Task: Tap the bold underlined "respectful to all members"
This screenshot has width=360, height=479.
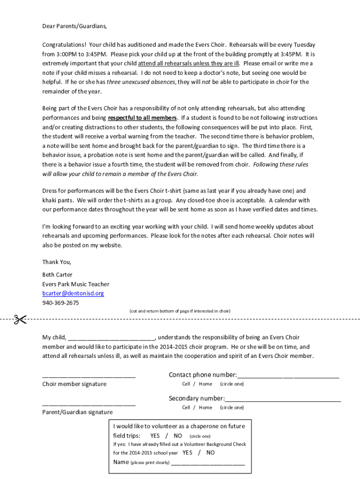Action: coord(143,118)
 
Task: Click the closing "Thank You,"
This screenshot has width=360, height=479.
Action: coord(57,262)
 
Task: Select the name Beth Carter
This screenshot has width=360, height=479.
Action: coord(57,275)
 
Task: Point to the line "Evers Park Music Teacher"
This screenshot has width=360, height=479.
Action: coord(76,284)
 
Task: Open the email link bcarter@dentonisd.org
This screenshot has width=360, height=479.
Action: coord(73,293)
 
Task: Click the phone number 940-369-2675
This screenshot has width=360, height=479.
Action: coord(61,303)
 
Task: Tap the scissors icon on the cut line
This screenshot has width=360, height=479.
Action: coord(20,319)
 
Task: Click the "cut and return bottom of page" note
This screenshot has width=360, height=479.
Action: coord(180,311)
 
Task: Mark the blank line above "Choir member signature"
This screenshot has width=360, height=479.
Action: coord(89,376)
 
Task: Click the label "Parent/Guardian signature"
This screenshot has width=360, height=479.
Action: coord(77,412)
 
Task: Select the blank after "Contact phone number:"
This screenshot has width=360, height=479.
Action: coord(288,376)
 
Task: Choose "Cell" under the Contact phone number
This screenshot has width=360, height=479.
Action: coord(186,384)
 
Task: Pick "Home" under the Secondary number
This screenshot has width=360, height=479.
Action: coord(205,407)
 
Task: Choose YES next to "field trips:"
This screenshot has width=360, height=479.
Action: coord(155,435)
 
